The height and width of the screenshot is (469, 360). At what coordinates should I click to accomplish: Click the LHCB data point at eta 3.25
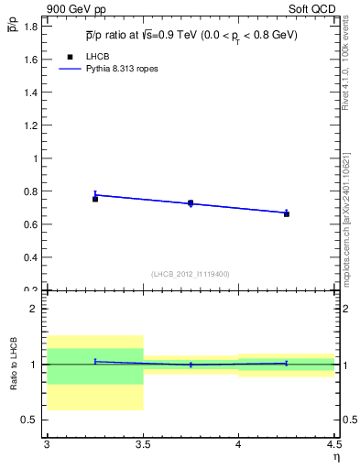click(x=95, y=199)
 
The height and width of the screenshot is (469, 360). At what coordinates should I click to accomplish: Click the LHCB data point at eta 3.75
click(x=191, y=203)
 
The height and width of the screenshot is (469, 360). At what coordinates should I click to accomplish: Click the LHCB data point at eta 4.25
click(x=287, y=213)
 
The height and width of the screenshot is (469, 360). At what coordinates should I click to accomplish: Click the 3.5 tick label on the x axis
click(x=142, y=445)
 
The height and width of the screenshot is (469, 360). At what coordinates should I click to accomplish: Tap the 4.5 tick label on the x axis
click(x=333, y=445)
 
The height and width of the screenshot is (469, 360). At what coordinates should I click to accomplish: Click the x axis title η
click(x=335, y=457)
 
